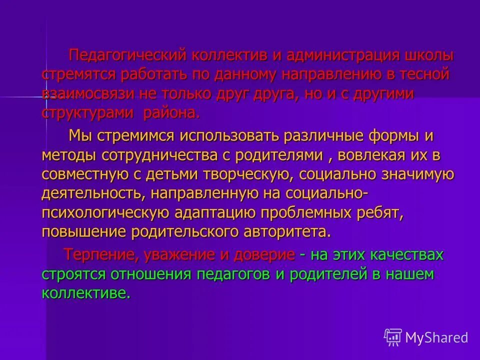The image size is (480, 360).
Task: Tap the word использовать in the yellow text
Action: point(228,136)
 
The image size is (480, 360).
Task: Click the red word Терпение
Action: point(99,255)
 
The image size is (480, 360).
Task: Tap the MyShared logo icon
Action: point(392,337)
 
